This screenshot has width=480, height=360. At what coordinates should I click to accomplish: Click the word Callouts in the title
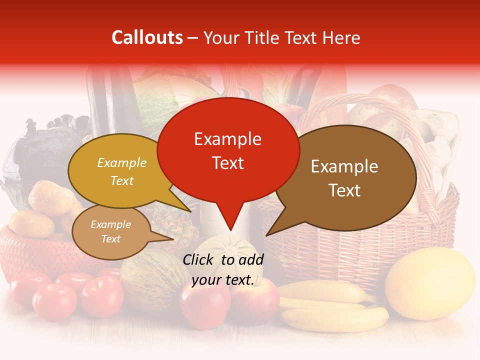[x=147, y=37]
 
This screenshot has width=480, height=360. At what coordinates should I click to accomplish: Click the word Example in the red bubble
[x=228, y=139]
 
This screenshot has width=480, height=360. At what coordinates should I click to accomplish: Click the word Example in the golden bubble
[x=122, y=163]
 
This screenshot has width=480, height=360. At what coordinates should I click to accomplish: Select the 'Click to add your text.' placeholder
[x=223, y=270]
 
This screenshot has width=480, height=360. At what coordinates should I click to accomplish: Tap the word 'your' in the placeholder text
[x=205, y=280]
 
